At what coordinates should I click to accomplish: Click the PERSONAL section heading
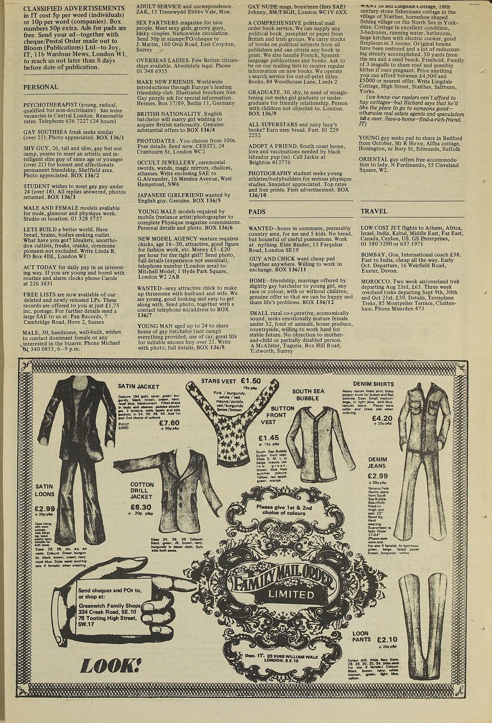point(41,87)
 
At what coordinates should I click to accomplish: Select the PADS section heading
point(257,212)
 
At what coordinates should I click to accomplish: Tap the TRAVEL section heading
point(374,212)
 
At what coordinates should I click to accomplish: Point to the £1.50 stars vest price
point(251,381)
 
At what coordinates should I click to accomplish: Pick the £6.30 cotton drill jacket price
point(141,507)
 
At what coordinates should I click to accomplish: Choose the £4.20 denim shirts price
point(382,418)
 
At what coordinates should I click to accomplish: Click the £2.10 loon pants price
point(387,640)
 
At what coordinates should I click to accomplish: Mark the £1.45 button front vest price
point(269,438)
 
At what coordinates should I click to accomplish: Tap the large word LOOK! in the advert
point(111,666)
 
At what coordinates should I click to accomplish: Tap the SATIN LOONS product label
point(44,490)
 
